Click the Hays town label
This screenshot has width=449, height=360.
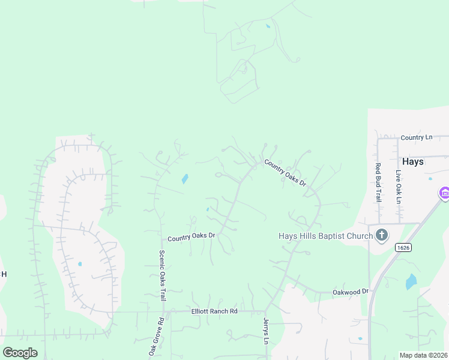pyautogui.click(x=413, y=162)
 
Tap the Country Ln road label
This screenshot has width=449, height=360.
pyautogui.click(x=417, y=137)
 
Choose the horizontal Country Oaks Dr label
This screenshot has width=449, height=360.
pyautogui.click(x=191, y=238)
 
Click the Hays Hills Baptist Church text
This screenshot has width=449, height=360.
pyautogui.click(x=325, y=236)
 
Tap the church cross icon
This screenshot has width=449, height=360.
pyautogui.click(x=381, y=235)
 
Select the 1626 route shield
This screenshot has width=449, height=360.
pyautogui.click(x=402, y=247)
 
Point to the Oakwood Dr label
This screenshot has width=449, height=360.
pyautogui.click(x=351, y=291)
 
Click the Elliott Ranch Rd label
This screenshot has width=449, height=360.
pyautogui.click(x=214, y=311)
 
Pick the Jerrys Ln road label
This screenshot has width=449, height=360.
pyautogui.click(x=265, y=331)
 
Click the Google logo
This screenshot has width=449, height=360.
pyautogui.click(x=20, y=352)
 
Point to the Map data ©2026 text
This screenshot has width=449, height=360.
pyautogui.click(x=423, y=355)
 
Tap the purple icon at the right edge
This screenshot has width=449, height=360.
pyautogui.click(x=444, y=194)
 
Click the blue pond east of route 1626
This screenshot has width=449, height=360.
pyautogui.click(x=411, y=282)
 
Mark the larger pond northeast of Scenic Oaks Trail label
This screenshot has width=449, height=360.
pyautogui.click(x=185, y=178)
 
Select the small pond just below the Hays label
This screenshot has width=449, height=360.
pyautogui.click(x=430, y=178)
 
